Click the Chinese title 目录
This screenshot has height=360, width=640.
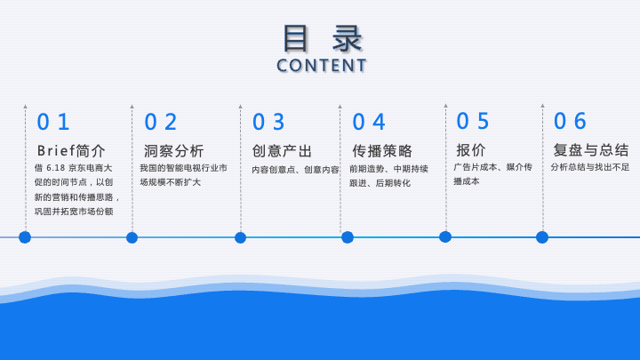(323, 38)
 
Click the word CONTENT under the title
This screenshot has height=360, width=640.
(321, 66)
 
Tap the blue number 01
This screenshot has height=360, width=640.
(53, 122)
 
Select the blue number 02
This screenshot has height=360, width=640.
(160, 122)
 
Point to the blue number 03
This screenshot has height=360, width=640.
(268, 122)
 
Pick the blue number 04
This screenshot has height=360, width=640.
(369, 122)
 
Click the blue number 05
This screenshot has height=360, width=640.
(472, 121)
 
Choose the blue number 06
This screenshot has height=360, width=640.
(570, 121)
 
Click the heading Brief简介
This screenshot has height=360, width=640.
(71, 150)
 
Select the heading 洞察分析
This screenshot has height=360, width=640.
(174, 151)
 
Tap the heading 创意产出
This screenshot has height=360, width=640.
(282, 151)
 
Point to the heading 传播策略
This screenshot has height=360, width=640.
(382, 151)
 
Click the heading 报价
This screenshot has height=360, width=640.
(470, 150)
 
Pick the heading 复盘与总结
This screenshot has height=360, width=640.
(591, 150)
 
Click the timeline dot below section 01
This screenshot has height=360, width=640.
(25, 237)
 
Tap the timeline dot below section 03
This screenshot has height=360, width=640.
(240, 237)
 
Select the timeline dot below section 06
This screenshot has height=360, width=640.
(542, 237)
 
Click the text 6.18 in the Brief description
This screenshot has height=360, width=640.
(55, 168)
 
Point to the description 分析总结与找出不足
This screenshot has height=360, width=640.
(590, 167)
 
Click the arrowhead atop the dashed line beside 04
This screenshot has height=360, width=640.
(340, 107)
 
